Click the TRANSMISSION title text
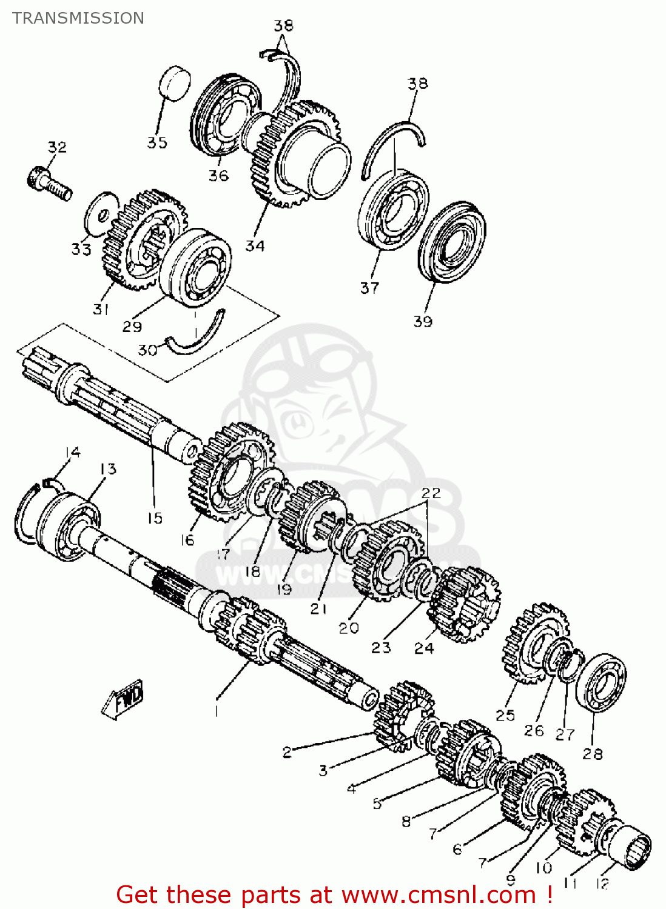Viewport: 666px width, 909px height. [x=78, y=18]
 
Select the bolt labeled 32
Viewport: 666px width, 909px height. [x=49, y=184]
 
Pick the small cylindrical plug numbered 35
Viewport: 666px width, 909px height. [x=175, y=83]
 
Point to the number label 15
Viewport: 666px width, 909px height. [x=155, y=518]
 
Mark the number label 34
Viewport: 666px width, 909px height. [x=255, y=246]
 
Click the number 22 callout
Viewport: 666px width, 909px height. [x=431, y=493]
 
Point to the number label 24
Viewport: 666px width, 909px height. [x=424, y=648]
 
